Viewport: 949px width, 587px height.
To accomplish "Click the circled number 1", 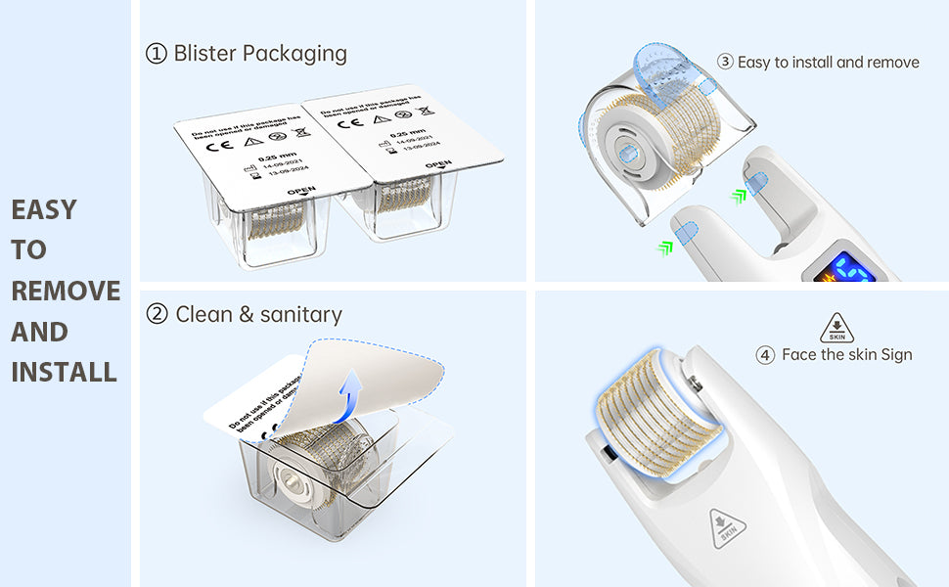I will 157,54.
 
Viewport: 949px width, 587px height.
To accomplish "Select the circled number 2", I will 157,314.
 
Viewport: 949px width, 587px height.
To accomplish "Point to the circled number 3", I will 725,62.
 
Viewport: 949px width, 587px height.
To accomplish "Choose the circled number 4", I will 765,355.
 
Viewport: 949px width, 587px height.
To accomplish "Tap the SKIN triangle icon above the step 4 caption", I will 836,328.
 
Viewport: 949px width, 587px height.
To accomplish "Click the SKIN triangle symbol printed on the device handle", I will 728,528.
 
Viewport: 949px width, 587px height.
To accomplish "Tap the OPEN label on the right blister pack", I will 438,164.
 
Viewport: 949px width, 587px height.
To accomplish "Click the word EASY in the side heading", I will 43,209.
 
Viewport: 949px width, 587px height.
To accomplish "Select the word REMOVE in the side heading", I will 66,291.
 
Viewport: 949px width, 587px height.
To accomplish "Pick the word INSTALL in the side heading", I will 64,372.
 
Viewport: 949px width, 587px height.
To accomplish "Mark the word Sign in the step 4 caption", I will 896,355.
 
